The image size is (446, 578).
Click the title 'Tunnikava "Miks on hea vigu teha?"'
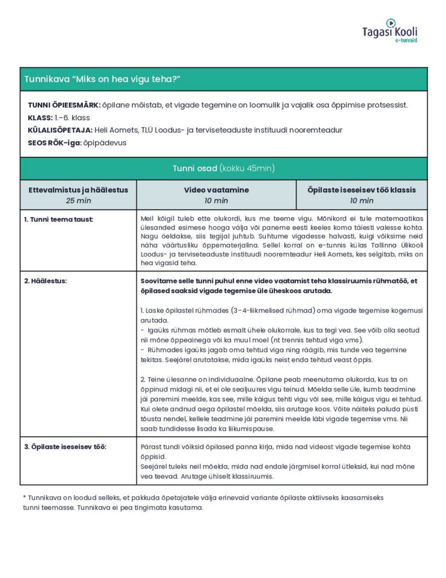pyautogui.click(x=102, y=79)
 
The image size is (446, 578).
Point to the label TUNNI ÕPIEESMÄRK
pyautogui.click(x=64, y=106)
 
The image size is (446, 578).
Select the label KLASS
pyautogui.click(x=39, y=118)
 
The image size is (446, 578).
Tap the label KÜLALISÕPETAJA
pyautogui.click(x=60, y=130)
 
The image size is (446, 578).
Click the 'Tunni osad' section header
pyautogui.click(x=195, y=168)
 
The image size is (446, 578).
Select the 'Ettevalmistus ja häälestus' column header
pyautogui.click(x=78, y=190)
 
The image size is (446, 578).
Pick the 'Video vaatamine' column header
pyautogui.click(x=216, y=190)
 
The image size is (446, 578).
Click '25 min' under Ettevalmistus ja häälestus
pyautogui.click(x=78, y=200)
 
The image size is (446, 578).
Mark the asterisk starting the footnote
pyautogui.click(x=25, y=497)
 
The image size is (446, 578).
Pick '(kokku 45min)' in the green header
pyautogui.click(x=247, y=168)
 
